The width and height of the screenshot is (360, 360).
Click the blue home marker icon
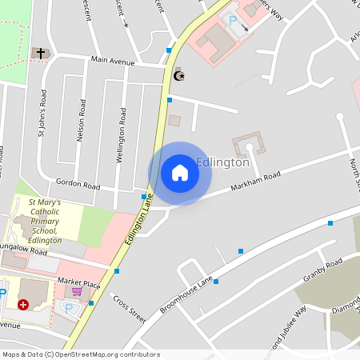[179, 173]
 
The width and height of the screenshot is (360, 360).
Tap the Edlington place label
[223, 162]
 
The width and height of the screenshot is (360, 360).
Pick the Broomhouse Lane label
[186, 294]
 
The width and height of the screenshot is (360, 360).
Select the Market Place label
[79, 283]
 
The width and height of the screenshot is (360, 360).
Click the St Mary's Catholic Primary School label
[45, 222]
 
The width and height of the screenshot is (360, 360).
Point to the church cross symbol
[38, 53]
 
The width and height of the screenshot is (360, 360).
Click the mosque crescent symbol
[179, 75]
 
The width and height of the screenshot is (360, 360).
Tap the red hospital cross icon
[23, 305]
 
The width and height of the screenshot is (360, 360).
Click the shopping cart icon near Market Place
[77, 292]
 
